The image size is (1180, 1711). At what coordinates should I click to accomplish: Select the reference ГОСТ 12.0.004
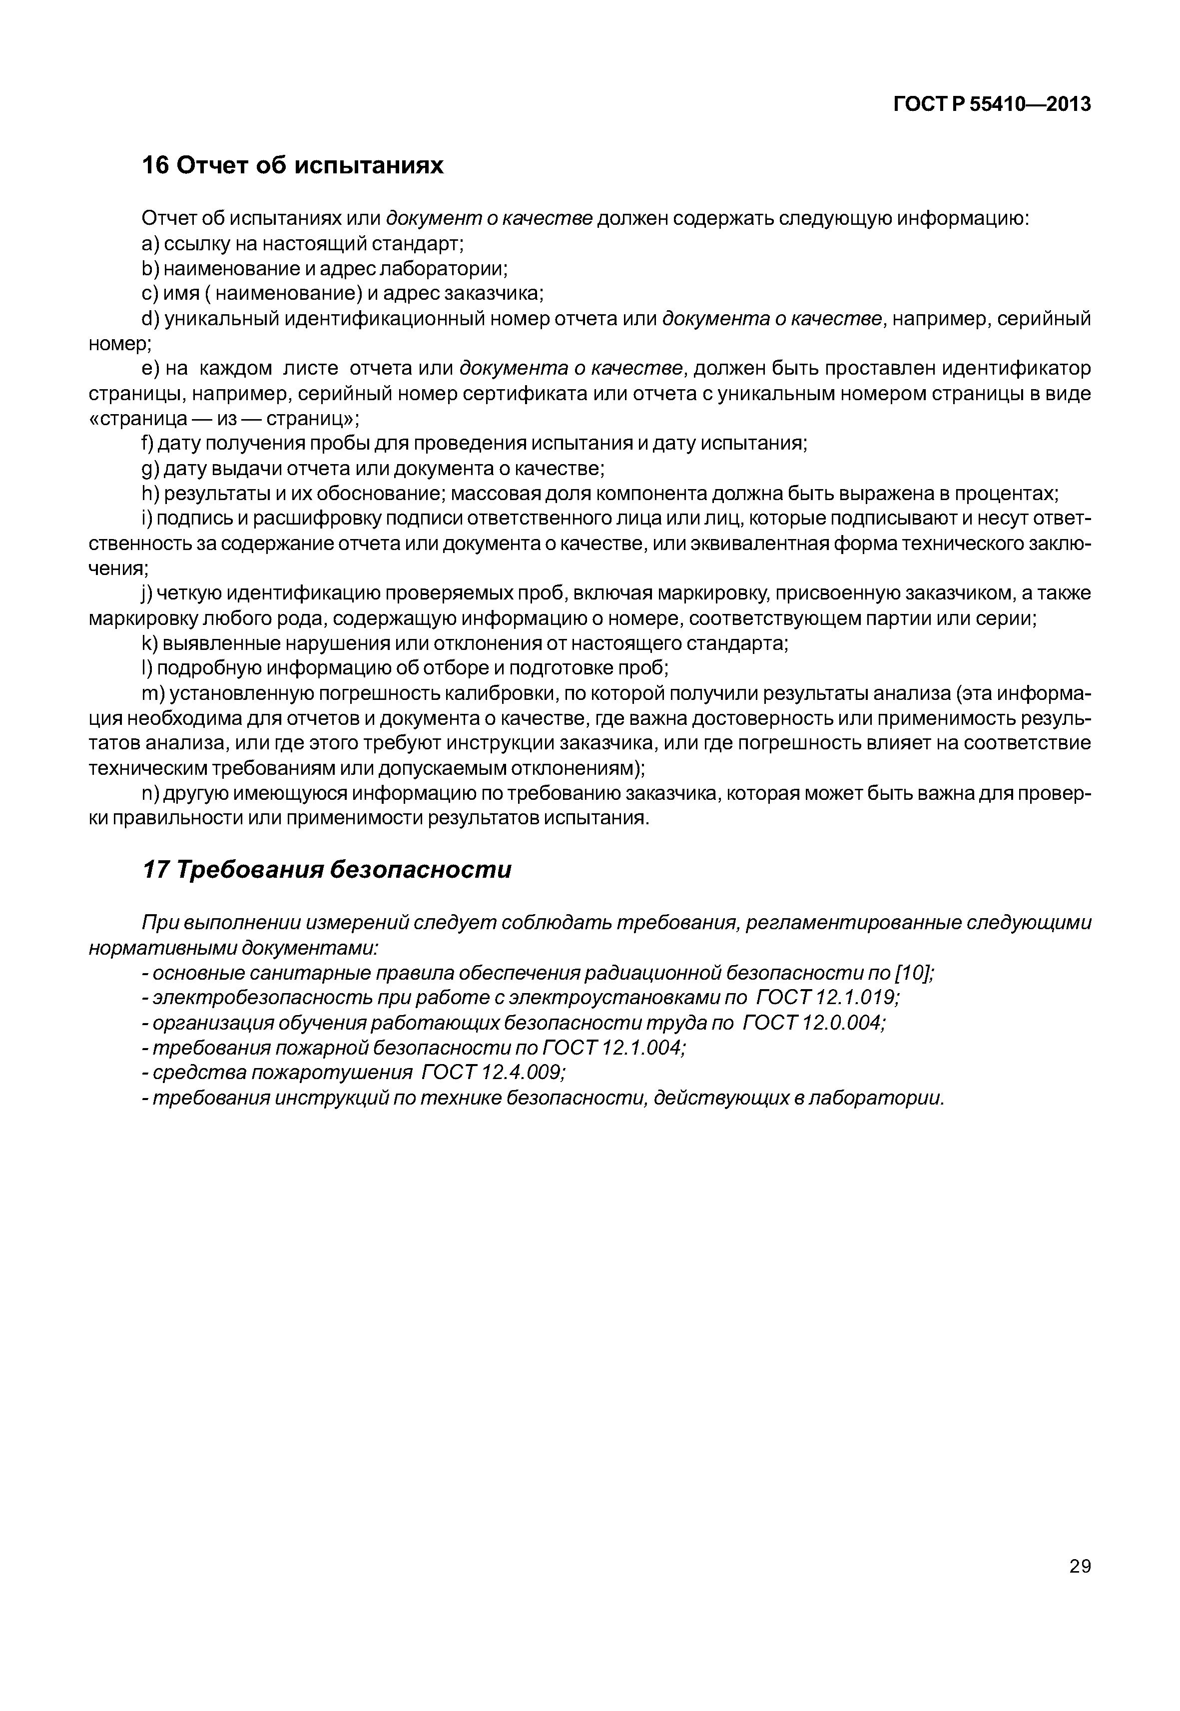point(813,1023)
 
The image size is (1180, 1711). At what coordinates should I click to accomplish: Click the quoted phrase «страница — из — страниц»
point(224,419)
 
